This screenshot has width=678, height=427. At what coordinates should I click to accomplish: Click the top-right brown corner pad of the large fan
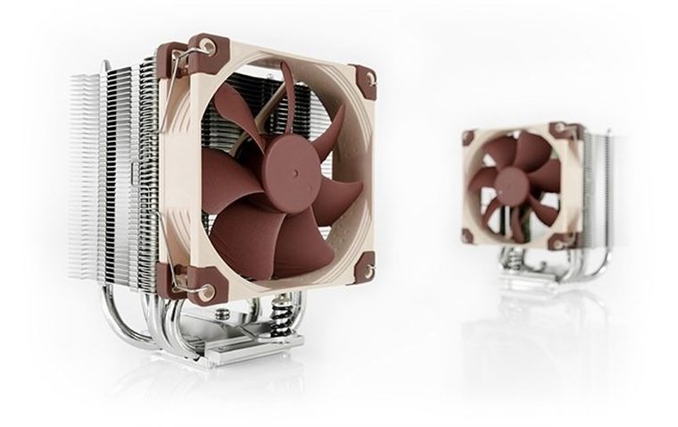[365, 79]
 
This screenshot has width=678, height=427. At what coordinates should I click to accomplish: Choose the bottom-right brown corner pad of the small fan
[559, 239]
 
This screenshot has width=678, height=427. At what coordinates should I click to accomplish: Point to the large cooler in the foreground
[223, 205]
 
